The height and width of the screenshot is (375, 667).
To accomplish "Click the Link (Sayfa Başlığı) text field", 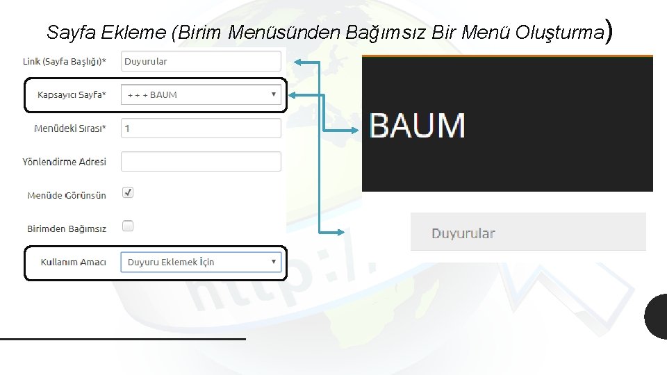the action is click(201, 61).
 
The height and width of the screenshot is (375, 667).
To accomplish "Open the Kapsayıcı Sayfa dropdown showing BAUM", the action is click(201, 94).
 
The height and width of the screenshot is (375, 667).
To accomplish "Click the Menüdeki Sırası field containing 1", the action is click(201, 128).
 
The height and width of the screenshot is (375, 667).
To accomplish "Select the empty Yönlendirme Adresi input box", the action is click(201, 162).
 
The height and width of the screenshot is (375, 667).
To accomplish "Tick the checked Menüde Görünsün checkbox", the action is click(128, 192).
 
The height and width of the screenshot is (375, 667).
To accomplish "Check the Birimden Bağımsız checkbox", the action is click(128, 226).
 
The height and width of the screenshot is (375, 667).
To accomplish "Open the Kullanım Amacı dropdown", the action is click(201, 262).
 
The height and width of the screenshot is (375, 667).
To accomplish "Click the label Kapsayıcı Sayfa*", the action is click(72, 95).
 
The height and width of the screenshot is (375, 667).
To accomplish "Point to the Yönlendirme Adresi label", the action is click(65, 162).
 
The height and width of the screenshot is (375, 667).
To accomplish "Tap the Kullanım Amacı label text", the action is click(74, 262).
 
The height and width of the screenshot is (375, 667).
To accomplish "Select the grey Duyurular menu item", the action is click(463, 233).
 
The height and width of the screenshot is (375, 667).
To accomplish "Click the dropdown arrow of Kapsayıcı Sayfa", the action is click(274, 94).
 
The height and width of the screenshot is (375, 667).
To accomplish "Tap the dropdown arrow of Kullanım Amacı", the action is click(274, 262).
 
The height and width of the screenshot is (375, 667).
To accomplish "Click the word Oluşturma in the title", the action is click(561, 33).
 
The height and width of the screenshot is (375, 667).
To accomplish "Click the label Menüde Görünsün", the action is click(67, 196).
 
